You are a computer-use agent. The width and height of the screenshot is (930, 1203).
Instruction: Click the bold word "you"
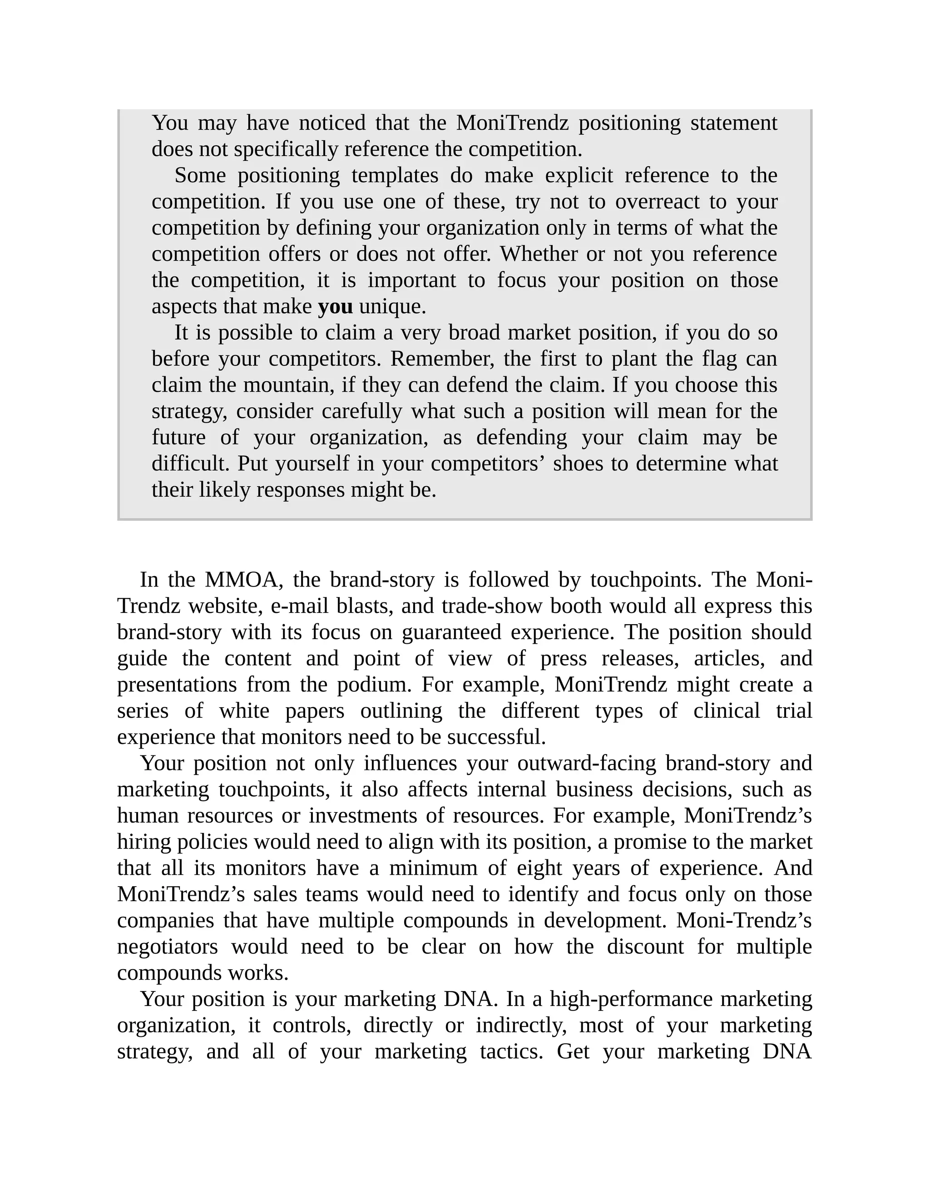tap(335, 307)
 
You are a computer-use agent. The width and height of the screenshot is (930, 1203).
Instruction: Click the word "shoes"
tap(578, 464)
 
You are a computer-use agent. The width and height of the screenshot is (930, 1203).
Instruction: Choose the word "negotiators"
tap(168, 947)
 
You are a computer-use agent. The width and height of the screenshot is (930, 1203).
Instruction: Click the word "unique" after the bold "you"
tap(392, 307)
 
